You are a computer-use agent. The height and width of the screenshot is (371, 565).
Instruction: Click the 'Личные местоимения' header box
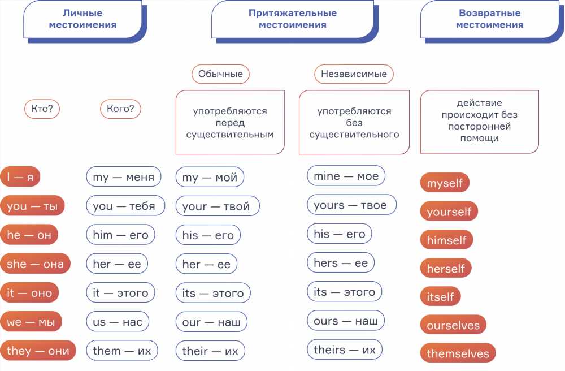coord(82,19)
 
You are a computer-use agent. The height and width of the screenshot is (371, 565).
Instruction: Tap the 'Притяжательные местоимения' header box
coord(293,19)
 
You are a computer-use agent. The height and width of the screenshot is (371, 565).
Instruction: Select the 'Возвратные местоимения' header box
coord(489,19)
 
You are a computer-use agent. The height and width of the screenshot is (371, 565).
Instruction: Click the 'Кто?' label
coord(42,109)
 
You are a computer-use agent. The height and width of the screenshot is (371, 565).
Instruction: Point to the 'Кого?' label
coord(120,109)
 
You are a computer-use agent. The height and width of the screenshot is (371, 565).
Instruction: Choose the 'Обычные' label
coord(220,74)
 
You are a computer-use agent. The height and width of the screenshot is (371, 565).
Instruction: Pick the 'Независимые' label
coord(354,74)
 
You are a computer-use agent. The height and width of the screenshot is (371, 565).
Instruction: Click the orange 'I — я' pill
coord(20,176)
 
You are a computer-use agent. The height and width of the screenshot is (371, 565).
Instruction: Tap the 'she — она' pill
coord(35,264)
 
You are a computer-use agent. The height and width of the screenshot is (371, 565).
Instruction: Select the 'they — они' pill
coord(38,351)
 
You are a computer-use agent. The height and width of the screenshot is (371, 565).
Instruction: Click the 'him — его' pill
coord(120,235)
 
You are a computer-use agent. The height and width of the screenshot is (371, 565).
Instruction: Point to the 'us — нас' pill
coord(118,322)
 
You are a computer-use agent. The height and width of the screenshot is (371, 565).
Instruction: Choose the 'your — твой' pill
coord(218,206)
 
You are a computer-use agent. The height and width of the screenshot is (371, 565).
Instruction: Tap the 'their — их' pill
coord(210,351)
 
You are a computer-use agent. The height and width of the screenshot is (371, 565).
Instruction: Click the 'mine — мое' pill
coord(346,176)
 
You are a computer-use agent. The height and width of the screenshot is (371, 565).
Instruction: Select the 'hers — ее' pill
coord(341,263)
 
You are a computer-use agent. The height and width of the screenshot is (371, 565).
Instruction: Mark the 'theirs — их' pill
coord(345,350)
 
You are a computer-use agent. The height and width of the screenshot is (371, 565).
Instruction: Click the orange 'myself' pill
coord(445,183)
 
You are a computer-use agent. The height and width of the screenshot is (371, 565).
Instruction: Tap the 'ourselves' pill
coord(453,325)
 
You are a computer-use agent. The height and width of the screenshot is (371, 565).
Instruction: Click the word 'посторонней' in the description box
coord(479,127)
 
